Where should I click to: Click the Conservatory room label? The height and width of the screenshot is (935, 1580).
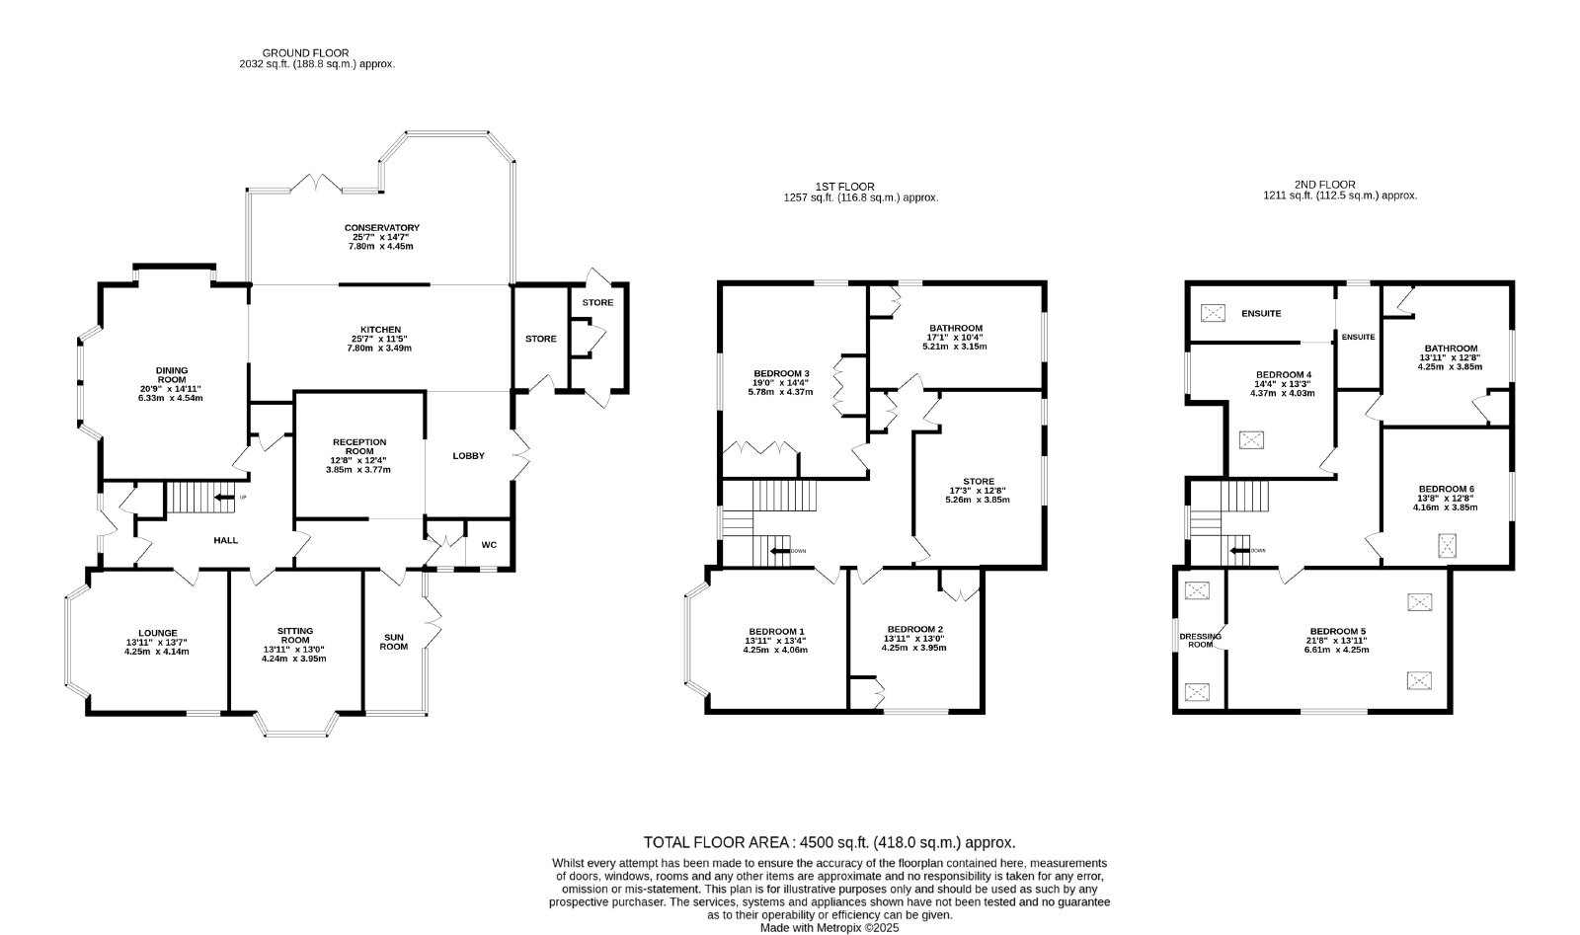point(381,228)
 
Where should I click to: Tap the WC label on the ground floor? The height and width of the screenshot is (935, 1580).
point(489,545)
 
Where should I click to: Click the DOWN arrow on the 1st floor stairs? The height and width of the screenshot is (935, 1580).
point(779,551)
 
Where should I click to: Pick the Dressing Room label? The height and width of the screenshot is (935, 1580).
point(1201,640)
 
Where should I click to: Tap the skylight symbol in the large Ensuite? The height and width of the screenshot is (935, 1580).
point(1213,313)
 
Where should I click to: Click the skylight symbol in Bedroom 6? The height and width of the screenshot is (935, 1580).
point(1448,546)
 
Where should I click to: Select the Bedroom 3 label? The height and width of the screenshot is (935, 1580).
point(781,374)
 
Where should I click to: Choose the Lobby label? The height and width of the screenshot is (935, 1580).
point(469,456)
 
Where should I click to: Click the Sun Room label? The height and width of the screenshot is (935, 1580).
point(394,643)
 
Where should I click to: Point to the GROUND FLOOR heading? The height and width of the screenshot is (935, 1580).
point(305,53)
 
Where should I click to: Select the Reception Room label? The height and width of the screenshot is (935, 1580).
point(359,447)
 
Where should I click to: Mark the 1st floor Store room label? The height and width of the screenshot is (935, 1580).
point(978,482)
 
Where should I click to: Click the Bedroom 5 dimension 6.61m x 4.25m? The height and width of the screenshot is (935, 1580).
point(1337,650)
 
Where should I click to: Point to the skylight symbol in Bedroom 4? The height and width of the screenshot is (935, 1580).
point(1251,440)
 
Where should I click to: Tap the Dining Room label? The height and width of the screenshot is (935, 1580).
point(172,375)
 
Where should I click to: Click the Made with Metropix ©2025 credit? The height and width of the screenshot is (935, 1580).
point(829,928)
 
